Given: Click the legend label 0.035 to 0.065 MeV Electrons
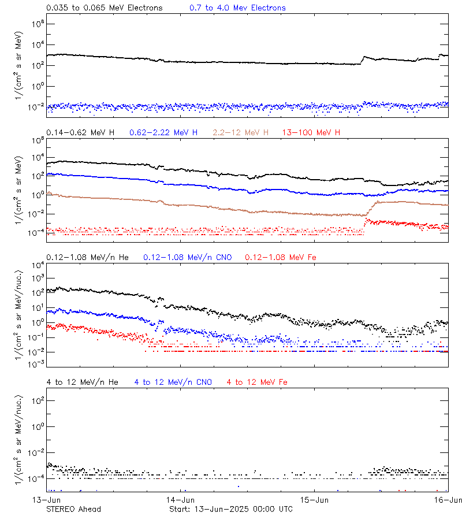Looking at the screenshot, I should pyautogui.click(x=105, y=8).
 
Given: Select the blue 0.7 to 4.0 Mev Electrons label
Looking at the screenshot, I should pyautogui.click(x=237, y=8).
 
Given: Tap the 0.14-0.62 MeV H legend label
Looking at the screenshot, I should pyautogui.click(x=80, y=133).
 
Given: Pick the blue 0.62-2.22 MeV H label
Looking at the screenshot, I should pyautogui.click(x=163, y=133).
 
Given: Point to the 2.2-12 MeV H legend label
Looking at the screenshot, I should pyautogui.click(x=241, y=133).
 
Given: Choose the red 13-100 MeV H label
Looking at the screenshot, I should pyautogui.click(x=311, y=133).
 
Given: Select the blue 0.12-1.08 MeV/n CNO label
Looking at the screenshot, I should pyautogui.click(x=187, y=257).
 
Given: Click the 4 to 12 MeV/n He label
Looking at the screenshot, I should pyautogui.click(x=82, y=382).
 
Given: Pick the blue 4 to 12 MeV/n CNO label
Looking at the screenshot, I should pyautogui.click(x=173, y=382).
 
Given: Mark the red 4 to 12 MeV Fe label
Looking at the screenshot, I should pyautogui.click(x=257, y=382).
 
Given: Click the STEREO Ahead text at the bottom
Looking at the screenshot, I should pyautogui.click(x=73, y=509).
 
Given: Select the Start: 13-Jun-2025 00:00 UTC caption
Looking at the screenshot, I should pyautogui.click(x=231, y=509).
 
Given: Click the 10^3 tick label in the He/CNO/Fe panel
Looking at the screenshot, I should pyautogui.click(x=37, y=278).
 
